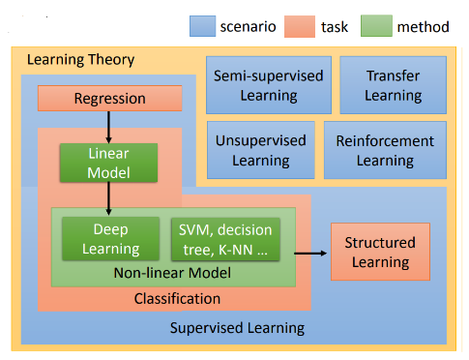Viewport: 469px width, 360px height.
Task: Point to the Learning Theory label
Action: [80, 60]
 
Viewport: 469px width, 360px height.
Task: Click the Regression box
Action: [109, 98]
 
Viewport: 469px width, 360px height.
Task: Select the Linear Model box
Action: [108, 162]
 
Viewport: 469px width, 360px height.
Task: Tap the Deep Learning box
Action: [110, 238]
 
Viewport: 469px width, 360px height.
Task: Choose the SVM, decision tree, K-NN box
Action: [224, 238]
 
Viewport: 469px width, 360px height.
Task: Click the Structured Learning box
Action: [379, 252]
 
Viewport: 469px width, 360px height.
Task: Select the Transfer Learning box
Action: [394, 84]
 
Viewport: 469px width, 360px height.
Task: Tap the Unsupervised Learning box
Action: [256, 150]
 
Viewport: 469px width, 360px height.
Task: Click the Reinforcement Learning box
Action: [385, 150]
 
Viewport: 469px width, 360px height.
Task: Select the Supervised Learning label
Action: [237, 327]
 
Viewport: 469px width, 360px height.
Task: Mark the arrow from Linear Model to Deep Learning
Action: [108, 196]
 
